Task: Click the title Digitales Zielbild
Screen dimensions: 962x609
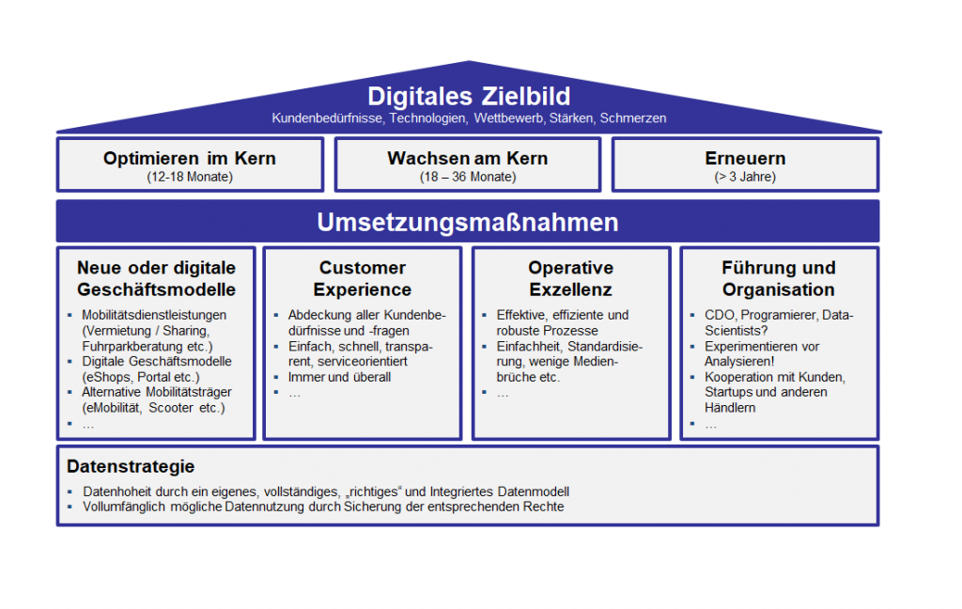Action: pos(469,97)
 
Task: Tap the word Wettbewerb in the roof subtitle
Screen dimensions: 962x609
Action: pos(508,117)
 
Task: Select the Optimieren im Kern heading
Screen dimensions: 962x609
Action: pos(190,159)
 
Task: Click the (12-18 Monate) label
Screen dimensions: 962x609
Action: pos(190,177)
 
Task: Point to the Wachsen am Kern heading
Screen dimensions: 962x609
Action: pos(468,159)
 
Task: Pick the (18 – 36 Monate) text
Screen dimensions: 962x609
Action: pos(468,177)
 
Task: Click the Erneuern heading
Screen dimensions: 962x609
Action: pos(745,159)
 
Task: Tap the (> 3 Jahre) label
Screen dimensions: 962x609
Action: pos(745,177)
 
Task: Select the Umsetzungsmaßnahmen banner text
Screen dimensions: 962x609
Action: pos(468,222)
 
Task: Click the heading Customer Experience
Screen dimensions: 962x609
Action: pos(363,279)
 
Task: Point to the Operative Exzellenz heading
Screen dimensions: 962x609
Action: pos(570,279)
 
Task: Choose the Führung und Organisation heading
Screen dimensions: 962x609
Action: pos(779,279)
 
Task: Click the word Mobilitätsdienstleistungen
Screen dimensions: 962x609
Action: pos(154,315)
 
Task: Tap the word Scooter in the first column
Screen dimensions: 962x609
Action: pos(171,408)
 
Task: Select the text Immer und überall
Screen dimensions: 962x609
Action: pos(339,377)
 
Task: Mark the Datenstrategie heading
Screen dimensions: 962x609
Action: pos(131,466)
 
